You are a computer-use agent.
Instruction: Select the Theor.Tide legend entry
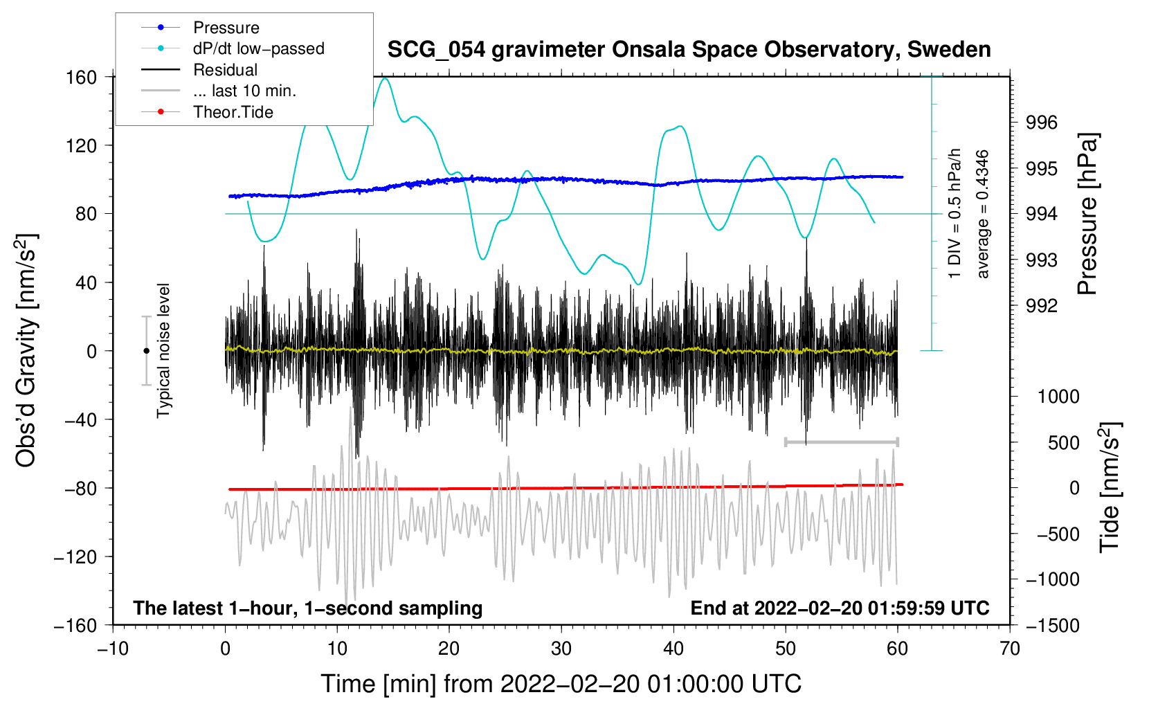coord(233,112)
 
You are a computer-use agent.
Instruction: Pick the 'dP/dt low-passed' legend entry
coord(258,48)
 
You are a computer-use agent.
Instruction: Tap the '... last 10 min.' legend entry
coord(244,91)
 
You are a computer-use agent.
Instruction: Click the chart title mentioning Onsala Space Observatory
coord(689,50)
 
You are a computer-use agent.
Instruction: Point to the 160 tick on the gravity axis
coord(82,77)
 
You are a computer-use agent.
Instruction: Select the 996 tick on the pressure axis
coord(1042,123)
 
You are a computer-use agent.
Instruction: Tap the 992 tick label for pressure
coord(1042,305)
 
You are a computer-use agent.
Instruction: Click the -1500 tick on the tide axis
coord(1053,625)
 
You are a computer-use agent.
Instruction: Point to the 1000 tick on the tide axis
coord(1058,397)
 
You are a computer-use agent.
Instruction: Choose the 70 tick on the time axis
coord(1010,649)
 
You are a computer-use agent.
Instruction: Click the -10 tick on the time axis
coord(113,649)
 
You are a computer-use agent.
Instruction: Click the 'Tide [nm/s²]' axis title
coord(1110,488)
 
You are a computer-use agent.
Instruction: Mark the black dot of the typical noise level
coord(146,351)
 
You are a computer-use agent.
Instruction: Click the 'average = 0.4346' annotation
coord(982,215)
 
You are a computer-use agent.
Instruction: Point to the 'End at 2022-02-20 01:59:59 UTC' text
coord(840,608)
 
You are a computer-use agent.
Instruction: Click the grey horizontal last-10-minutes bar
coord(841,442)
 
